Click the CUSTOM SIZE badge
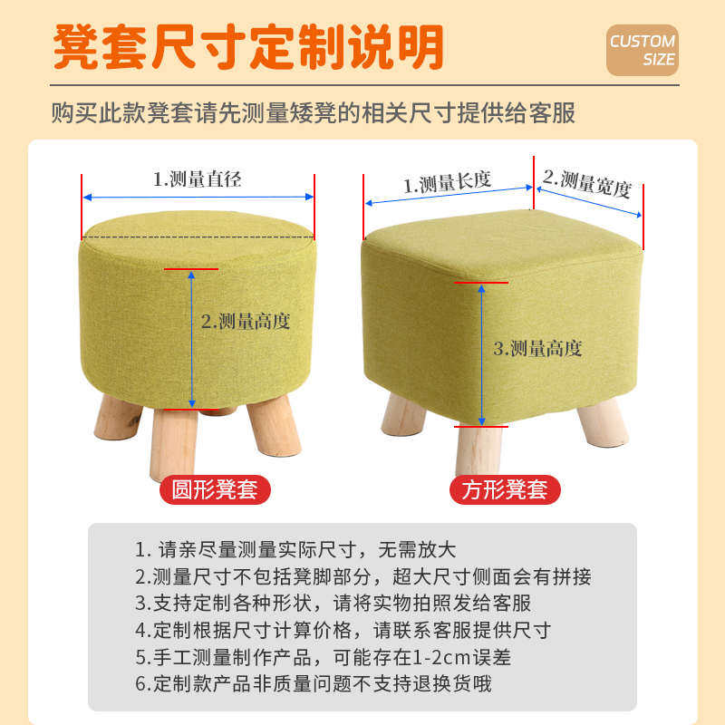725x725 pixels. click(642, 50)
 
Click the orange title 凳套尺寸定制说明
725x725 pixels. click(248, 46)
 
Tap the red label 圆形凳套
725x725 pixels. click(215, 490)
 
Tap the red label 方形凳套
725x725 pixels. click(505, 490)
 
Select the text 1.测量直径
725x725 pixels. click(197, 179)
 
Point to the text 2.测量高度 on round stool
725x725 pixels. click(246, 321)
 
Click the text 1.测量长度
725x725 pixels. click(447, 183)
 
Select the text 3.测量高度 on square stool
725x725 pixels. click(537, 348)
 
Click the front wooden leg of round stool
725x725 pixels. click(175, 441)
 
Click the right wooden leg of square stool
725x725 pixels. click(603, 422)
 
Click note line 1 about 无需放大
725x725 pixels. click(295, 549)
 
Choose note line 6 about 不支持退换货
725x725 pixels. click(314, 683)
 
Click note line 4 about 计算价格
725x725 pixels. click(343, 630)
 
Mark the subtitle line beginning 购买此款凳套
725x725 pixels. click(314, 113)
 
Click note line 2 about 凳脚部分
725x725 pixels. click(362, 576)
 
